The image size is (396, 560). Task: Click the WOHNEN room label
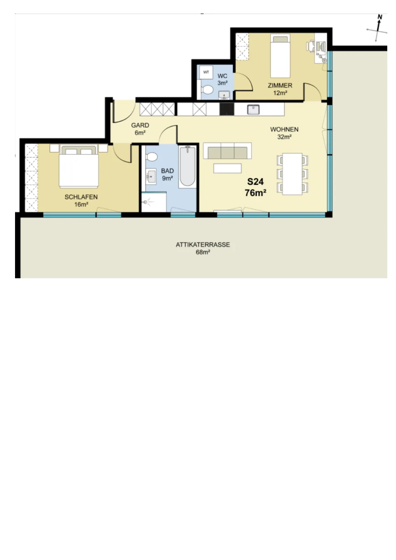click(x=284, y=129)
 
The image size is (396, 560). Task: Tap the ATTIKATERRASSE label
click(x=203, y=245)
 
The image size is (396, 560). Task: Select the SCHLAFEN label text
click(x=81, y=197)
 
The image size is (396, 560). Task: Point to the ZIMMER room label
click(x=280, y=85)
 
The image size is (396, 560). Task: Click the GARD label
click(x=140, y=125)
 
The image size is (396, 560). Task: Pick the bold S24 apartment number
click(x=255, y=182)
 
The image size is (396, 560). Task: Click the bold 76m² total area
click(x=255, y=193)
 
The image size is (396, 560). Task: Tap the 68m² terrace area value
click(x=203, y=252)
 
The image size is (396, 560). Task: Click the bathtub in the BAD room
click(x=188, y=167)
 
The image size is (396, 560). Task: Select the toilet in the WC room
click(x=207, y=90)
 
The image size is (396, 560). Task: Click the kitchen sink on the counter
click(x=253, y=110)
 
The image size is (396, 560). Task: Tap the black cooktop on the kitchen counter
click(x=227, y=109)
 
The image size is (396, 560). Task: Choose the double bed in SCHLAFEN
click(x=79, y=167)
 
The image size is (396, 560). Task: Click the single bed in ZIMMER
click(x=280, y=56)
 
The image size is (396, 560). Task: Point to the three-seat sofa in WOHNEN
click(x=227, y=151)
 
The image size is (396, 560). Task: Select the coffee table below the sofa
click(x=227, y=168)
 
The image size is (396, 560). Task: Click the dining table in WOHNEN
click(x=292, y=174)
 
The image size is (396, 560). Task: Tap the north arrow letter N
click(x=380, y=17)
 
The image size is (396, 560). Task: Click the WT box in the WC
click(x=206, y=72)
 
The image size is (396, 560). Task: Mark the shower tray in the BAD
click(x=154, y=202)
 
